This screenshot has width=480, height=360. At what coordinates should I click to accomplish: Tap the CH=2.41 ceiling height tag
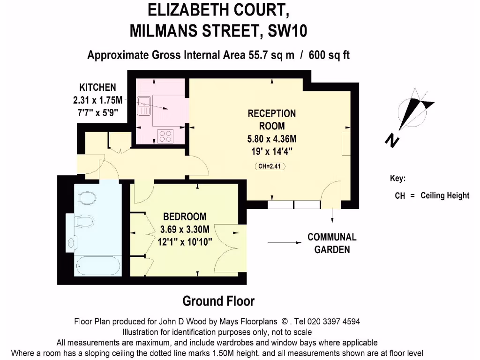(270, 166)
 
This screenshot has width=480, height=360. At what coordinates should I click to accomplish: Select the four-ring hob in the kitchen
(165, 136)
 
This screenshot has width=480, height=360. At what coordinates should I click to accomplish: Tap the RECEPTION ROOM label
(272, 120)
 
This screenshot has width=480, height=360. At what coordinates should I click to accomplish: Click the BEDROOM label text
(184, 217)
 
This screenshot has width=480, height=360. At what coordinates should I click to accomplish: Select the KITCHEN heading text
(97, 87)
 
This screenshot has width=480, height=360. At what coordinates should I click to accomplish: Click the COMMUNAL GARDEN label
(332, 243)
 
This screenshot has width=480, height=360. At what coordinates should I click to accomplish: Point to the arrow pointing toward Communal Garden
(285, 243)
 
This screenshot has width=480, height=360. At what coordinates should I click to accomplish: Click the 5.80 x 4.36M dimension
(272, 139)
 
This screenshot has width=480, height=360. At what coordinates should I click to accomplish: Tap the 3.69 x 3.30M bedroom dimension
(184, 230)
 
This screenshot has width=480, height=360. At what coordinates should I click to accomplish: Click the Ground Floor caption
(218, 301)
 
